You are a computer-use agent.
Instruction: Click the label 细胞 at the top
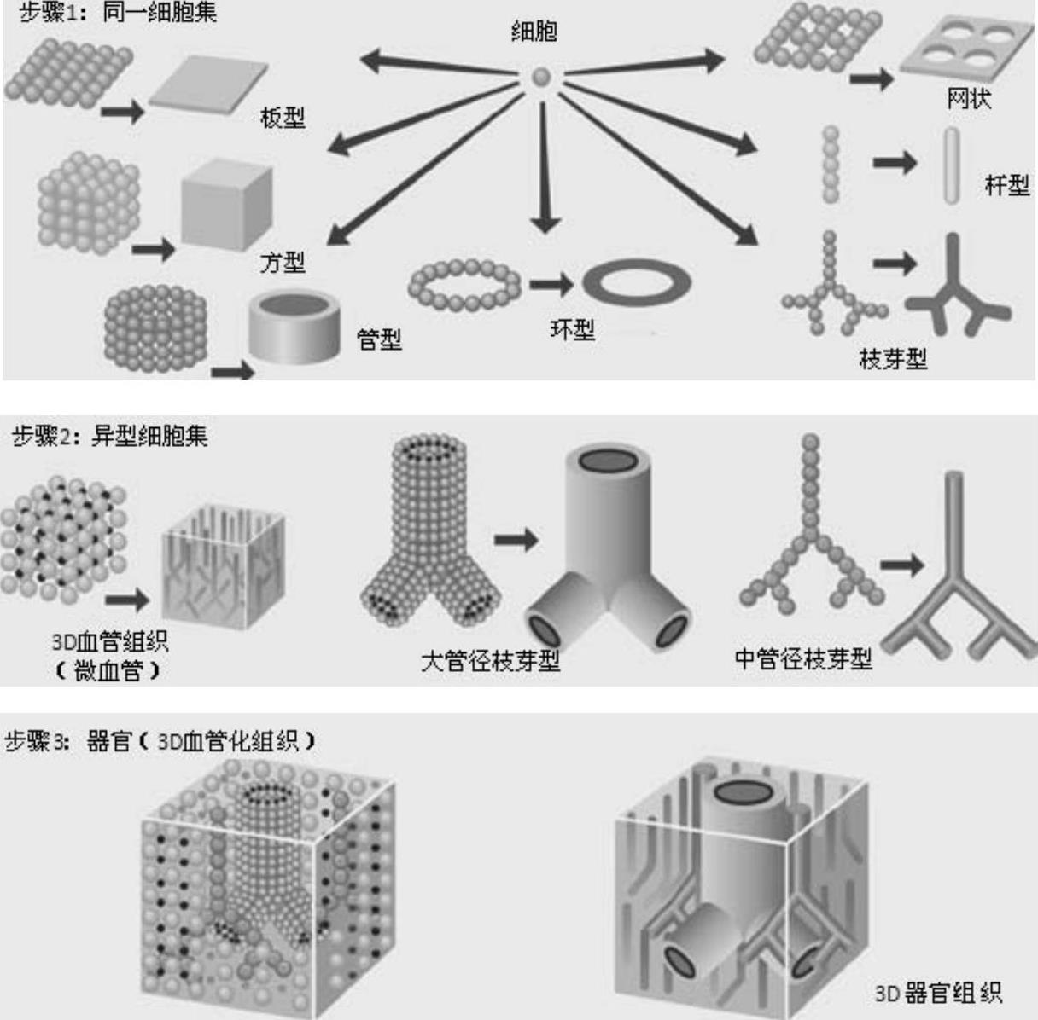coord(534,32)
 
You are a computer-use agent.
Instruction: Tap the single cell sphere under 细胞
coord(541,77)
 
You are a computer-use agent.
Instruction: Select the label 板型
coord(283,118)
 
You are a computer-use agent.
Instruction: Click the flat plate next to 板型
coord(208,84)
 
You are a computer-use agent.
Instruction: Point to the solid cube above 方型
coord(227,205)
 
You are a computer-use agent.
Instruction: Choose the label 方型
coord(283,262)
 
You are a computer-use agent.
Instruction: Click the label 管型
coord(379,339)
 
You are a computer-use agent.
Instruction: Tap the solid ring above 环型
coord(638,282)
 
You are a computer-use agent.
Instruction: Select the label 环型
coord(572,329)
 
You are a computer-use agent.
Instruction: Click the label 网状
coord(969,98)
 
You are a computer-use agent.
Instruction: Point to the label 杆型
coord(1006,185)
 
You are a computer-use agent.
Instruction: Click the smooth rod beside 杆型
coord(951,165)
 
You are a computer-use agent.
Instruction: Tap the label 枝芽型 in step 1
coord(893,359)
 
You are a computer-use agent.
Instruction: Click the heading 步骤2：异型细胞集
coord(110,436)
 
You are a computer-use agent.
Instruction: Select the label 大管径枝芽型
coord(490,661)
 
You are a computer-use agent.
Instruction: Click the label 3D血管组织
coord(110,641)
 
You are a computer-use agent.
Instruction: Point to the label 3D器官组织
coord(938,993)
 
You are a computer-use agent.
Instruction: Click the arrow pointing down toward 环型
coord(544,168)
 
